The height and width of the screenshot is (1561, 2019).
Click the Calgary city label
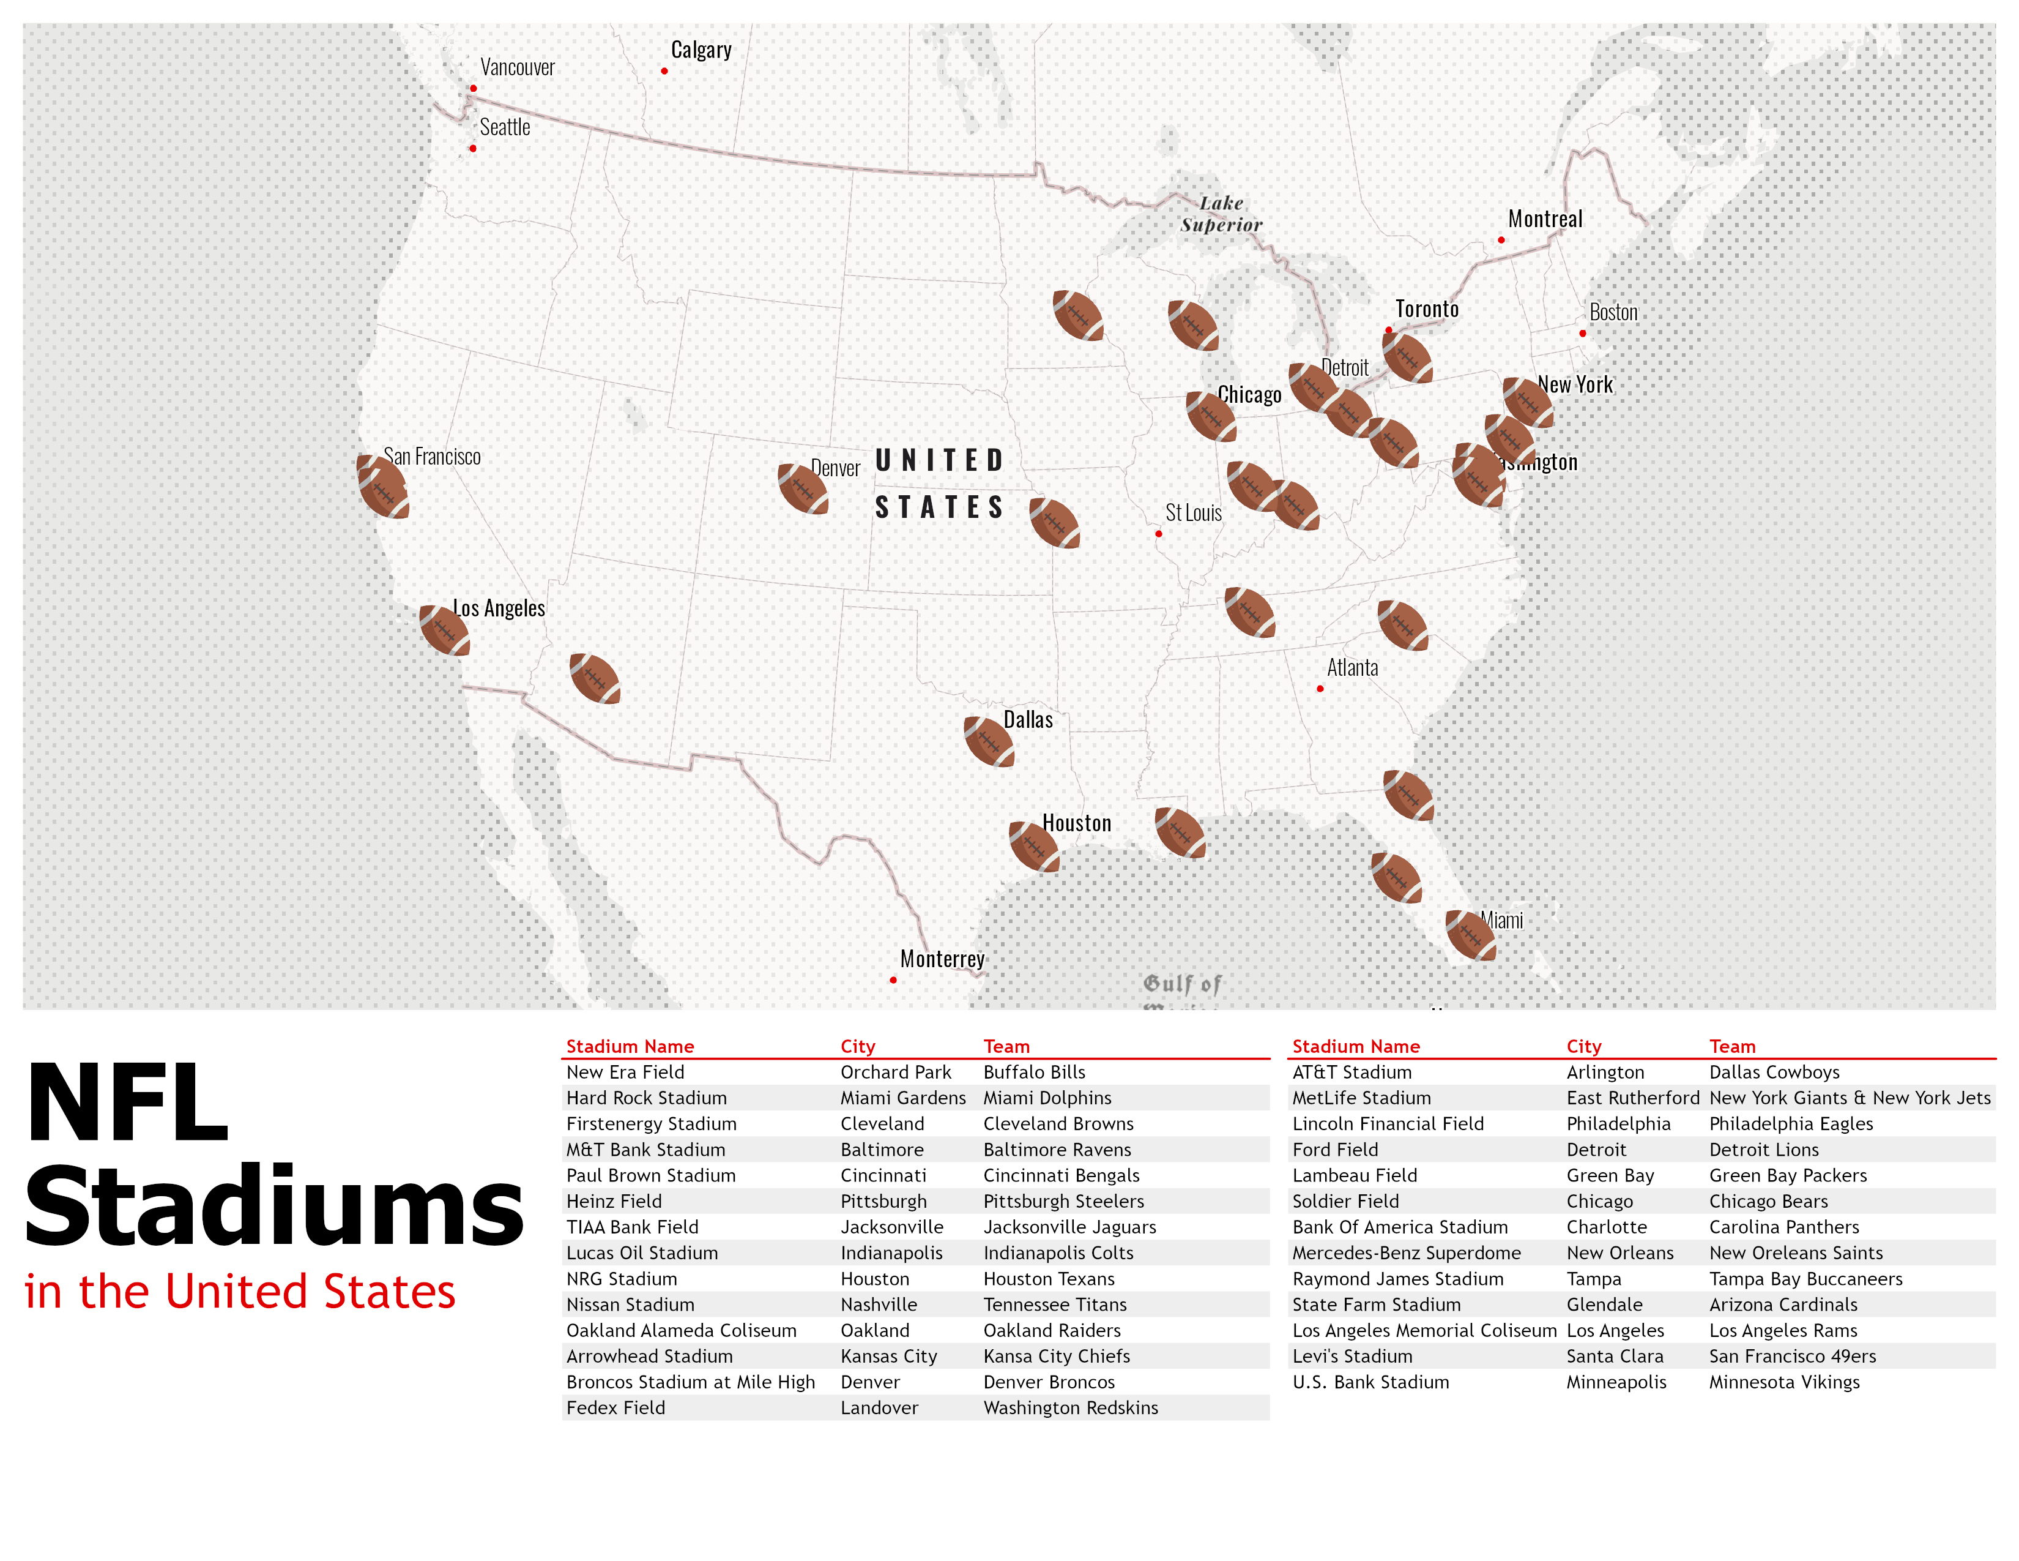(701, 50)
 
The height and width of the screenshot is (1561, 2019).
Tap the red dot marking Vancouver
(474, 89)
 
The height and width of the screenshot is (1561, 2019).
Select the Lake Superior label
(1221, 214)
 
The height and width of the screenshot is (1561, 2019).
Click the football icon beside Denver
(803, 489)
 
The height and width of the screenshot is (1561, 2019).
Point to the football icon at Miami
(1470, 935)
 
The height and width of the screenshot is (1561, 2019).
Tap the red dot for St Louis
(1158, 534)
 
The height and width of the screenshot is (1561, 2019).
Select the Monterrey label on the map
(942, 959)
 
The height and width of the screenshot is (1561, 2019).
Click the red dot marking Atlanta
(1320, 689)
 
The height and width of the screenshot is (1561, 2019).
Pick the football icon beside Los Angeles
(444, 631)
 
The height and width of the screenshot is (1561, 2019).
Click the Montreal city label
(1545, 219)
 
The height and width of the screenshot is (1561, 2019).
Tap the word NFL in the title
(128, 1102)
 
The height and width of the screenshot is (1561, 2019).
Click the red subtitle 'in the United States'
(240, 1291)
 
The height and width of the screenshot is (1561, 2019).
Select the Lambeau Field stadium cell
(1355, 1175)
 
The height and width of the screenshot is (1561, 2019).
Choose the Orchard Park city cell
(895, 1072)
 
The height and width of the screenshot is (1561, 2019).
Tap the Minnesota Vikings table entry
(1783, 1382)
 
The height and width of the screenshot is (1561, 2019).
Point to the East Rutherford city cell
(1632, 1098)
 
